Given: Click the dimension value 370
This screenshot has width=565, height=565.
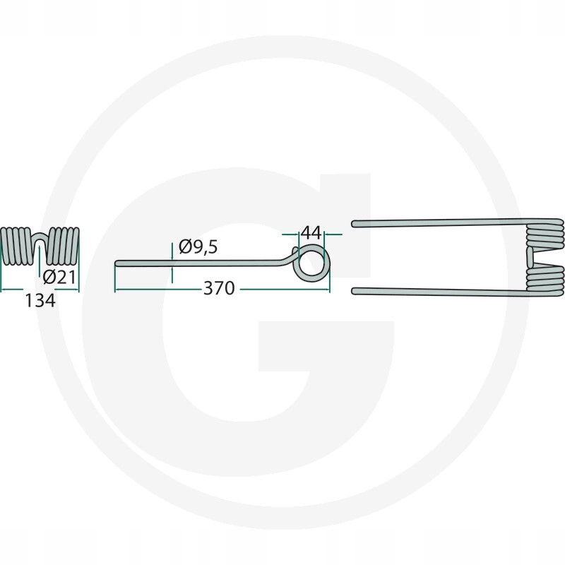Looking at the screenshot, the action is click(x=219, y=288).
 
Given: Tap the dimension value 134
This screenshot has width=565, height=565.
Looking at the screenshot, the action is click(x=40, y=301).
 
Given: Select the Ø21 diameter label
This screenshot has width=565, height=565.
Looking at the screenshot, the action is click(x=59, y=277).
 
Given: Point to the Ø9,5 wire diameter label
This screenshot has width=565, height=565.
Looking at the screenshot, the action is click(x=198, y=247).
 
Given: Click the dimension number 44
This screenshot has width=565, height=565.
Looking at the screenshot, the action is click(x=311, y=233).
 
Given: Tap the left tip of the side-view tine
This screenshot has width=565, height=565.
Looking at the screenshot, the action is click(x=117, y=263).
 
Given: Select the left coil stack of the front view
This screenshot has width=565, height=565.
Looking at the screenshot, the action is click(x=16, y=246).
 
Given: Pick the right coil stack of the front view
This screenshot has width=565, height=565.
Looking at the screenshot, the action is click(x=63, y=246).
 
